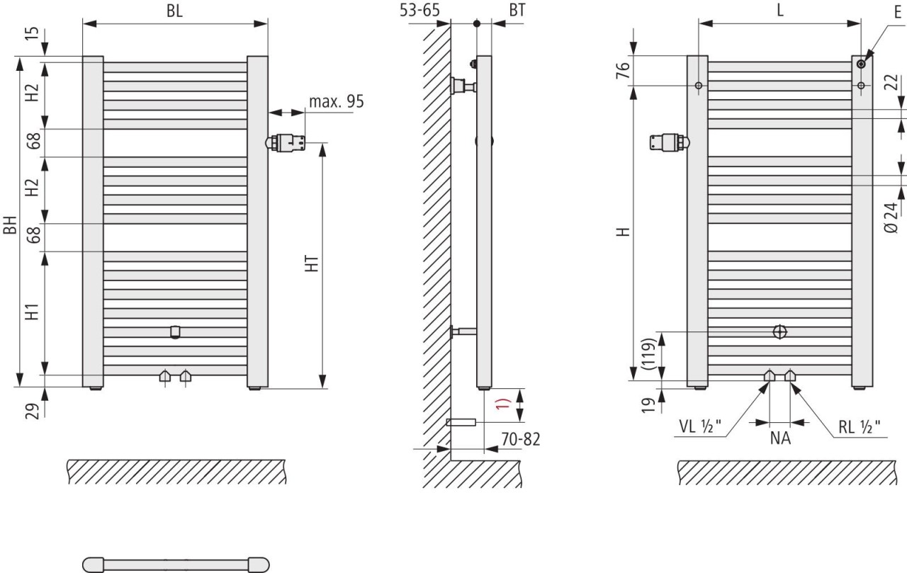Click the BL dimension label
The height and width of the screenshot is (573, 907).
pos(174,11)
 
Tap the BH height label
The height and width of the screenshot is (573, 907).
pos(10,225)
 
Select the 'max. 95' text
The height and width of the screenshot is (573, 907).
pos(337,101)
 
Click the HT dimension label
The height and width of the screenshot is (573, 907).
pos(312,264)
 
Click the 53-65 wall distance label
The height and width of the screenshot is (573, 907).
pos(419,10)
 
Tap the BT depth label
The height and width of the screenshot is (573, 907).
pos(517,10)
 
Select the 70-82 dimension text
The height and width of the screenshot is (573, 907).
pos(521,439)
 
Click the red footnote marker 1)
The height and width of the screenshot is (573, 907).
pos(504,404)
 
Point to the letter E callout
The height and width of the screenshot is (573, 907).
pos(898,12)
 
